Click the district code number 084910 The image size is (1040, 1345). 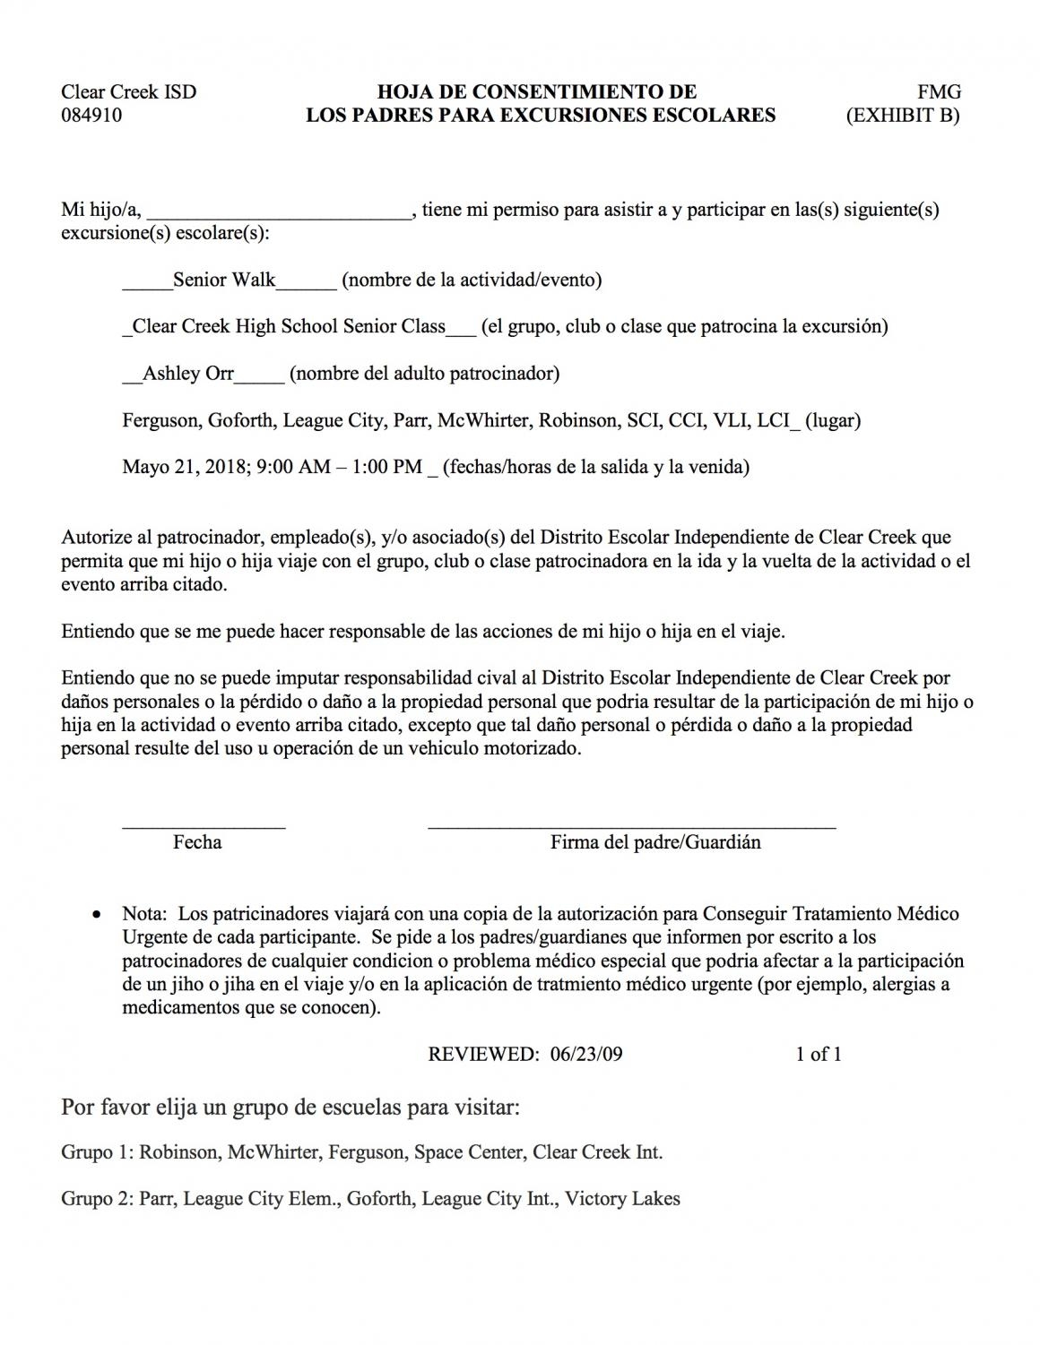click(91, 115)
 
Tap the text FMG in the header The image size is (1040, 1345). click(939, 91)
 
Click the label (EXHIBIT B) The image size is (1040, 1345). click(903, 115)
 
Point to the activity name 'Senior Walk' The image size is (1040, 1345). click(224, 280)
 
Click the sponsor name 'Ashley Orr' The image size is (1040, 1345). click(188, 373)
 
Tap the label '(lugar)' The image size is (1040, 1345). click(833, 419)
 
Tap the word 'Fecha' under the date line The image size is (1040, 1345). click(197, 842)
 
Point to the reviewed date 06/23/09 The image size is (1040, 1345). click(586, 1054)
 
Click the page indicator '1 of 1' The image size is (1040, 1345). click(819, 1054)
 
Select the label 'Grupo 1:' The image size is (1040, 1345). click(97, 1152)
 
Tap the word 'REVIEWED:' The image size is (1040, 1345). click(483, 1054)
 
